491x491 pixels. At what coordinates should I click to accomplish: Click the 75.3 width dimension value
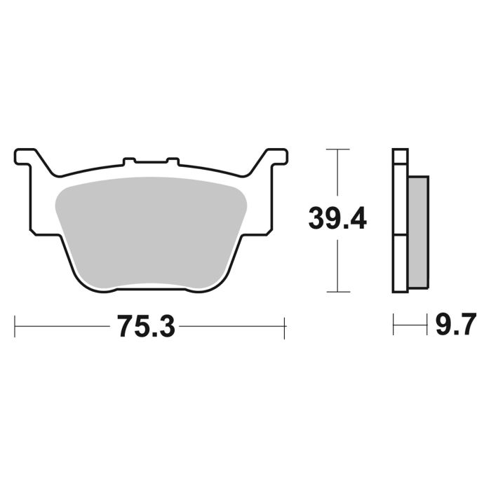[145, 327]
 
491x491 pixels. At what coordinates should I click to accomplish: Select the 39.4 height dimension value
[337, 220]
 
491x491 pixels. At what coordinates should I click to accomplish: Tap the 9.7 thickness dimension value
[456, 326]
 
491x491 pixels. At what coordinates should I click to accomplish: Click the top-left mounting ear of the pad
[27, 156]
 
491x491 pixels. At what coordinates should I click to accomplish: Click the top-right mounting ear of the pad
[274, 156]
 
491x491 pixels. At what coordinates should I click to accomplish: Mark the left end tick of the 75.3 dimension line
[15, 327]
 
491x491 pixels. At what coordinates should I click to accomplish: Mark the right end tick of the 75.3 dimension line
[284, 327]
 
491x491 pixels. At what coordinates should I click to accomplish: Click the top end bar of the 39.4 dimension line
[338, 149]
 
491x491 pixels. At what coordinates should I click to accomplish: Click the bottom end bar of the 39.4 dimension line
[338, 291]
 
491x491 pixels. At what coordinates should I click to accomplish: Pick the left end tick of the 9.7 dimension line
[394, 326]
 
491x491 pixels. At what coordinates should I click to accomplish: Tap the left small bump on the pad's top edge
[129, 161]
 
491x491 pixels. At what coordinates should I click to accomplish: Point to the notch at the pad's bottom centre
[150, 285]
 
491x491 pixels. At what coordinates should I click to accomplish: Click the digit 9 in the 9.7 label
[443, 326]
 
